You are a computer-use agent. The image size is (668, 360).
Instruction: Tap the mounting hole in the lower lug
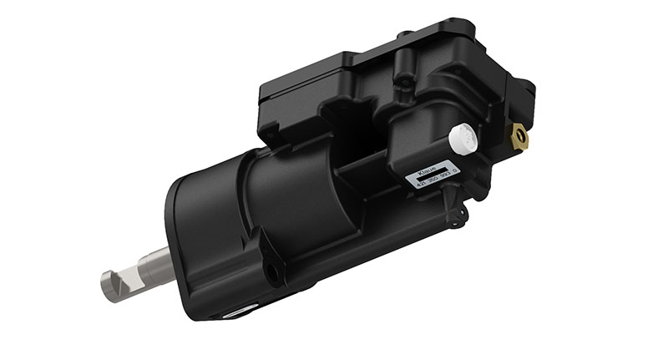pyautogui.click(x=272, y=271)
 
